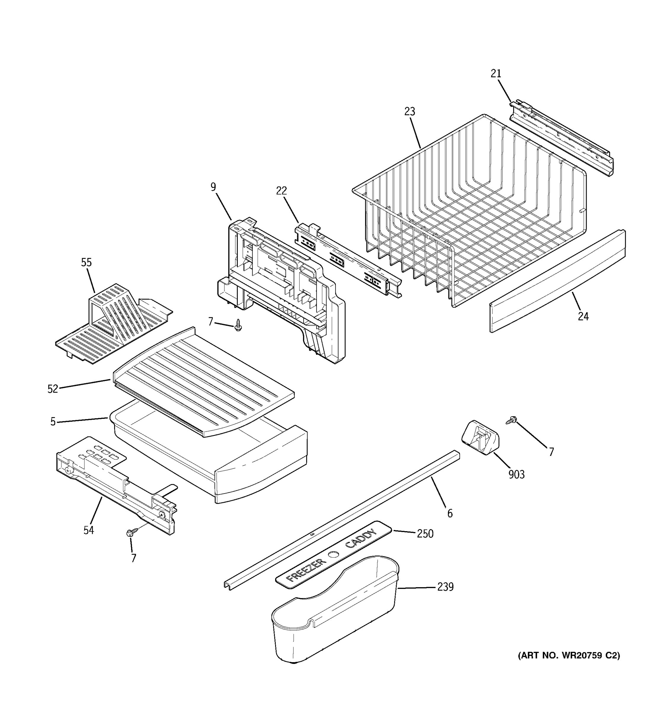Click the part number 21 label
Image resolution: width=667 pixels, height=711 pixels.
click(496, 74)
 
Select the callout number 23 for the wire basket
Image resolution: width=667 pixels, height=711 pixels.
click(410, 112)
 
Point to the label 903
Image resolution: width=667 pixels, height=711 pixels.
click(516, 475)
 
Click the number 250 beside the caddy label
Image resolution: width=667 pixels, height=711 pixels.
click(425, 534)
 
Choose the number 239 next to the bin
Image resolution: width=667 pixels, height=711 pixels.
click(445, 587)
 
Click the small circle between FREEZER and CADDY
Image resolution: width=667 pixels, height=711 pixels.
click(333, 555)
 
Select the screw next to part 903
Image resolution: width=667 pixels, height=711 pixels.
click(511, 420)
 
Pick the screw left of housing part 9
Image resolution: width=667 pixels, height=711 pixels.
click(238, 325)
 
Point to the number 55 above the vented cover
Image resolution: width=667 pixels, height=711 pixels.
click(86, 262)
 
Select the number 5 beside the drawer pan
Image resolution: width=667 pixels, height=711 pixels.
click(53, 422)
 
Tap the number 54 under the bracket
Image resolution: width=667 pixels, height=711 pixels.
click(89, 530)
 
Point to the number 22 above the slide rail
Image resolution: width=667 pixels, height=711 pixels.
click(281, 191)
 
